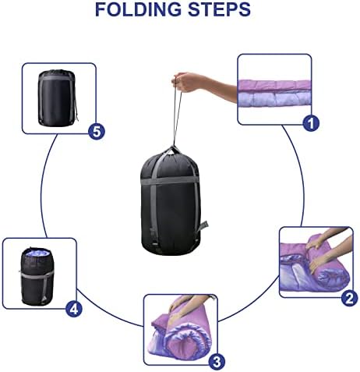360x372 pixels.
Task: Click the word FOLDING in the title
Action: (138, 9)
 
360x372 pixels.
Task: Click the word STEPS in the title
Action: (219, 9)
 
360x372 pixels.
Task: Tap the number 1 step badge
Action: (311, 123)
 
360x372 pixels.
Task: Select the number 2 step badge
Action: (350, 298)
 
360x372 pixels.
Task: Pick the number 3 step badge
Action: (217, 362)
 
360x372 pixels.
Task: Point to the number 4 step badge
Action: (74, 309)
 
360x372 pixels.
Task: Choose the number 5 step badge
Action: (97, 131)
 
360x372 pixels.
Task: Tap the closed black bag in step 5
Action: (58, 98)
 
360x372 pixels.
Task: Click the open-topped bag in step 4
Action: (37, 277)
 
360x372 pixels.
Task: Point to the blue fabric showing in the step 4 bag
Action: (38, 253)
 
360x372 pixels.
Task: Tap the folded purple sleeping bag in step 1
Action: (274, 94)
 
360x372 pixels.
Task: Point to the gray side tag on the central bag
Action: (203, 226)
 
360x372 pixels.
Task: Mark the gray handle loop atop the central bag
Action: (172, 151)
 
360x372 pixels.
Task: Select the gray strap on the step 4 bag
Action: (37, 274)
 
